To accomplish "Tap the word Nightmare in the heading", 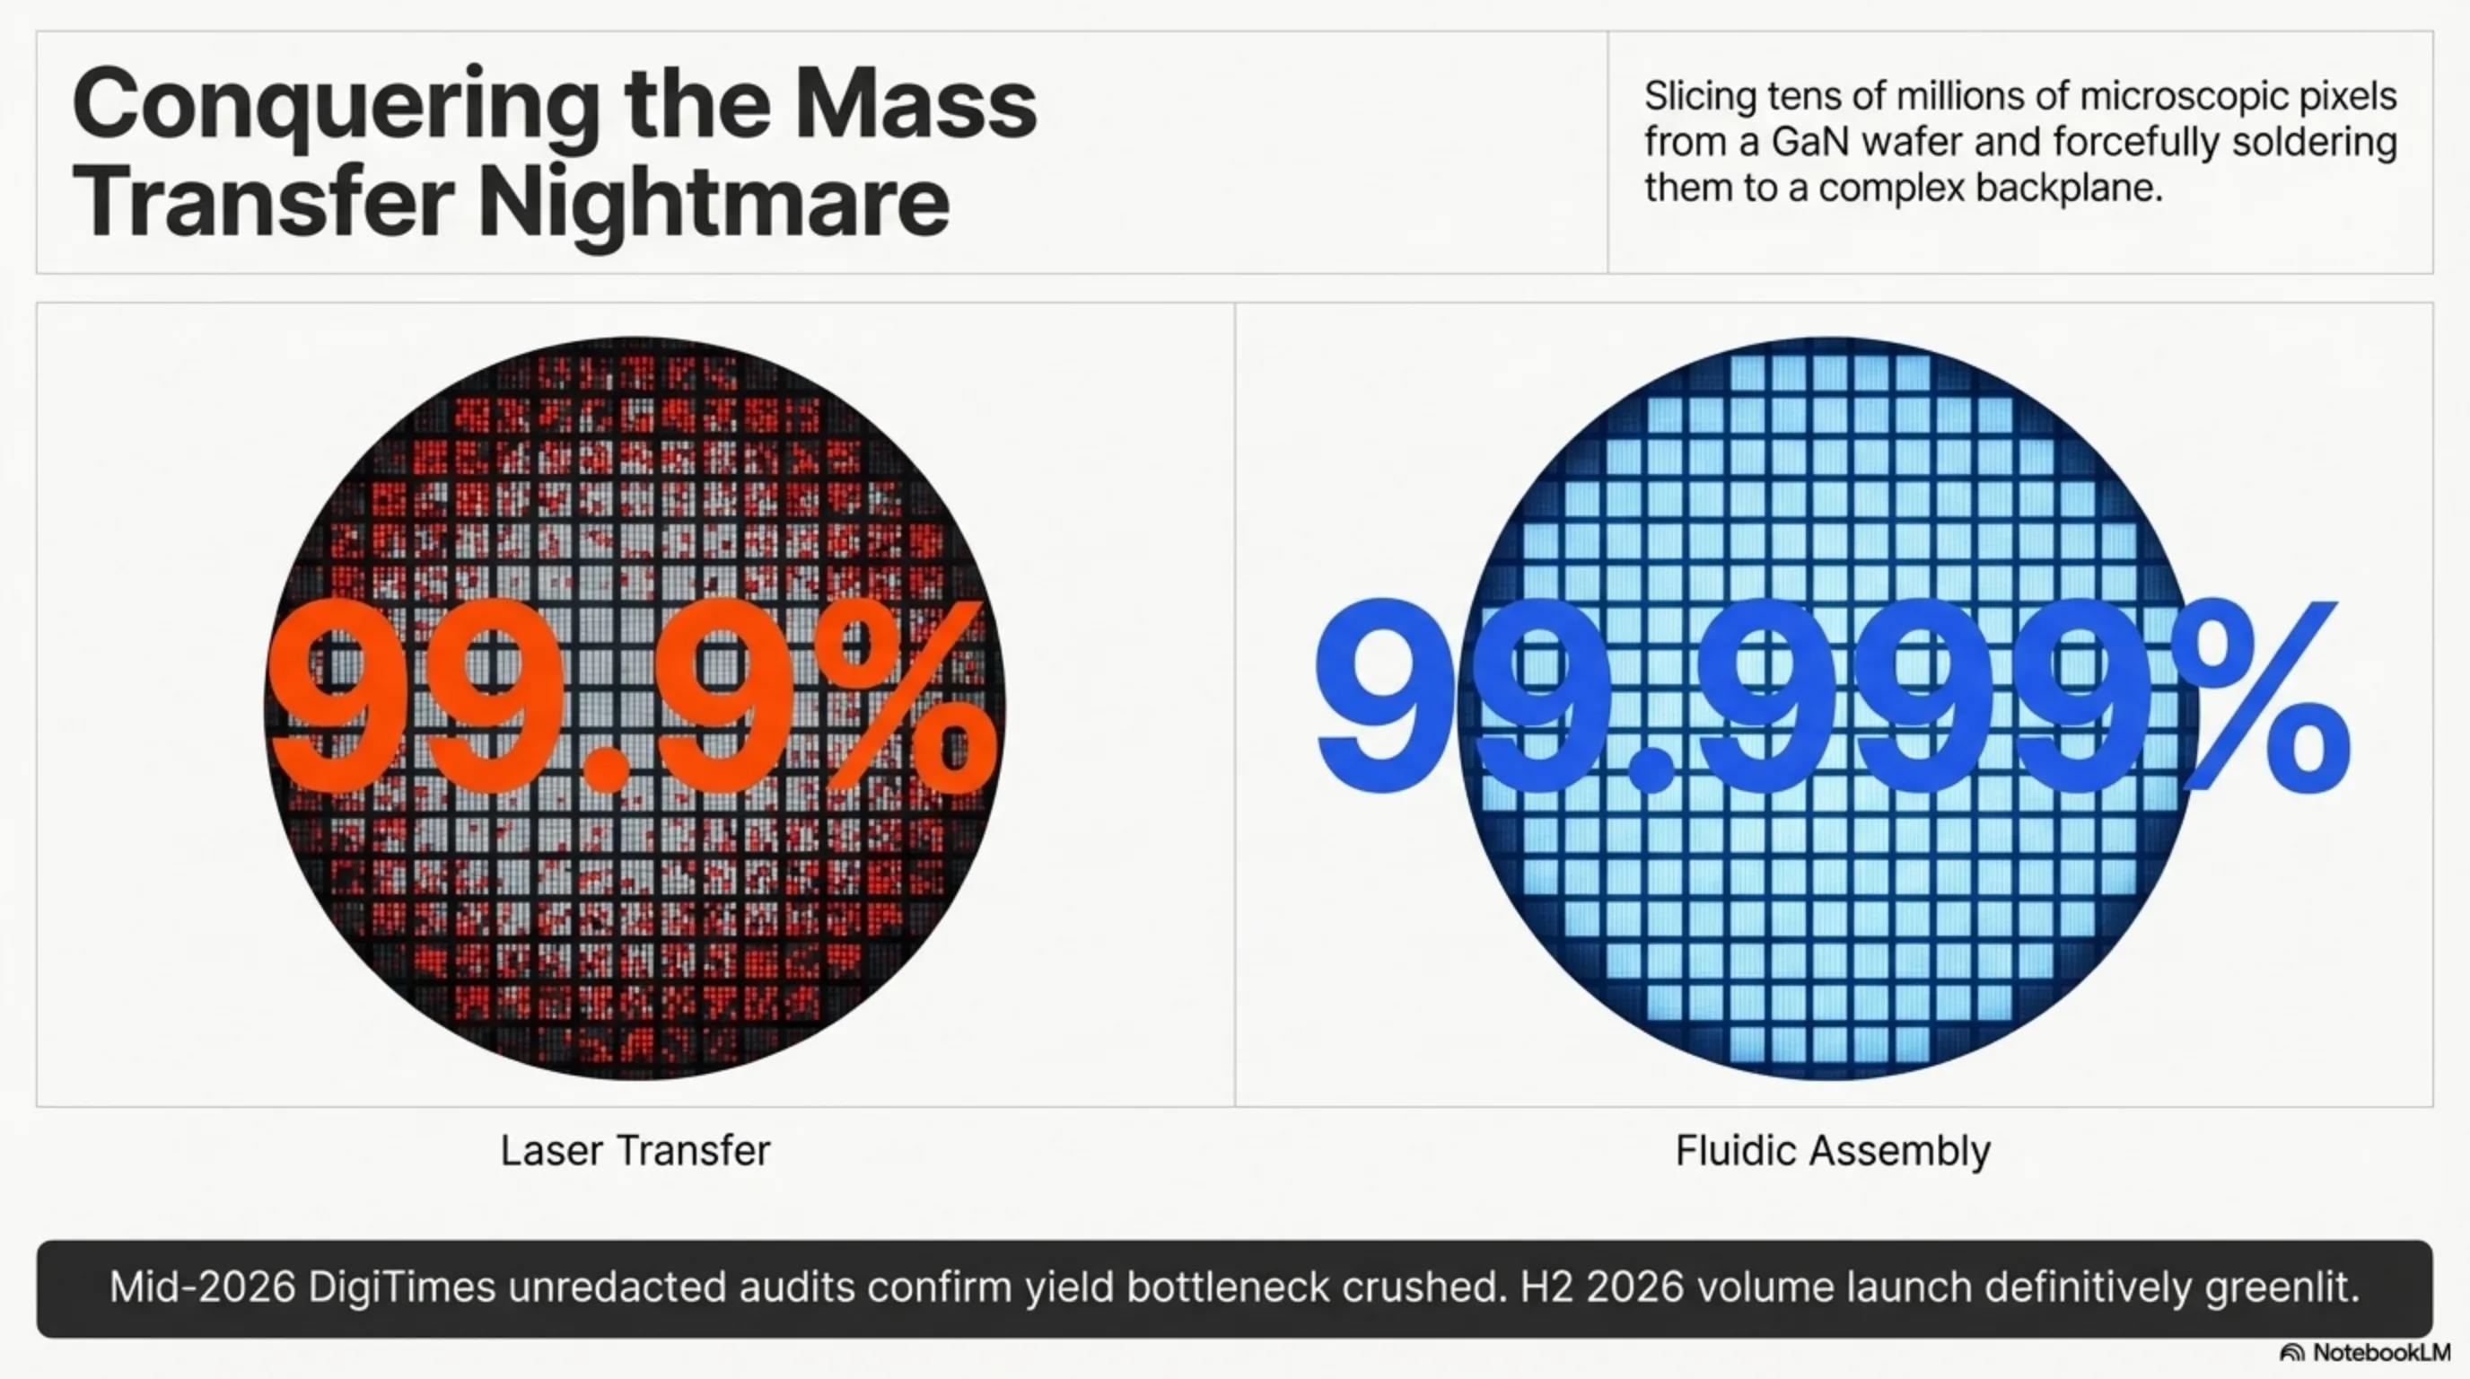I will click(x=714, y=202).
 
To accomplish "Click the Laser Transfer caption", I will click(x=635, y=1150).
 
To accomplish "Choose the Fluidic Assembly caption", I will click(x=1833, y=1150).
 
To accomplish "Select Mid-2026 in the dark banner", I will click(x=201, y=1287).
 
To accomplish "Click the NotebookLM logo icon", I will click(x=2291, y=1353).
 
